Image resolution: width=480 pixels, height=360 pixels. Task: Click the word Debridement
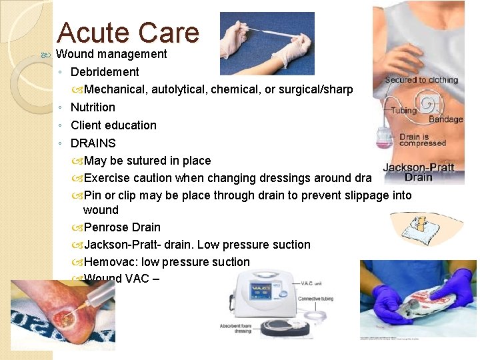pyautogui.click(x=105, y=72)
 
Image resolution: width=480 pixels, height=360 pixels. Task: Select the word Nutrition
pyautogui.click(x=93, y=107)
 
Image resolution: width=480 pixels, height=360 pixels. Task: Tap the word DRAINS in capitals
pyautogui.click(x=93, y=143)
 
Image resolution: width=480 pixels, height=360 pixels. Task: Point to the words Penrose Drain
pyautogui.click(x=122, y=227)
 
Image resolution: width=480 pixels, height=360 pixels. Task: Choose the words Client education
pyautogui.click(x=113, y=125)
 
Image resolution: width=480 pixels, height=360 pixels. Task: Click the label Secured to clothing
pyautogui.click(x=421, y=80)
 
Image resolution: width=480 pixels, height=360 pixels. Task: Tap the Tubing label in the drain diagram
pyautogui.click(x=404, y=110)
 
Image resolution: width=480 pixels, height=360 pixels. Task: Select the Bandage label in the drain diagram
pyautogui.click(x=445, y=120)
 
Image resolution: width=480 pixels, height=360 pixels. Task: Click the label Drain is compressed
pyautogui.click(x=423, y=140)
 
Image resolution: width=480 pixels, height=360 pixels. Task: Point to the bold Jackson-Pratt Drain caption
pyautogui.click(x=418, y=172)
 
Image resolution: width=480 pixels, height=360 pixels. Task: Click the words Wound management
pyautogui.click(x=111, y=54)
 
